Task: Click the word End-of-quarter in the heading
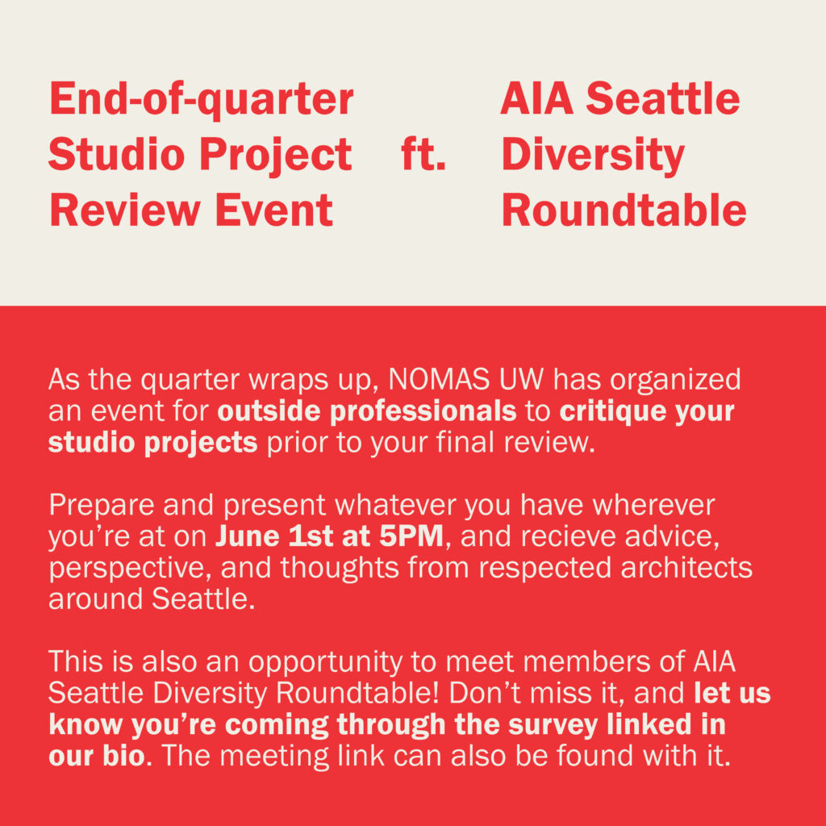point(201,100)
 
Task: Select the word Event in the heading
point(274,211)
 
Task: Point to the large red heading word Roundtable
point(624,211)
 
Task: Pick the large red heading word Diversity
point(593,156)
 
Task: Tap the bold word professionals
point(423,412)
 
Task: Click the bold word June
point(247,536)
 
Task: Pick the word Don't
point(485,693)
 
